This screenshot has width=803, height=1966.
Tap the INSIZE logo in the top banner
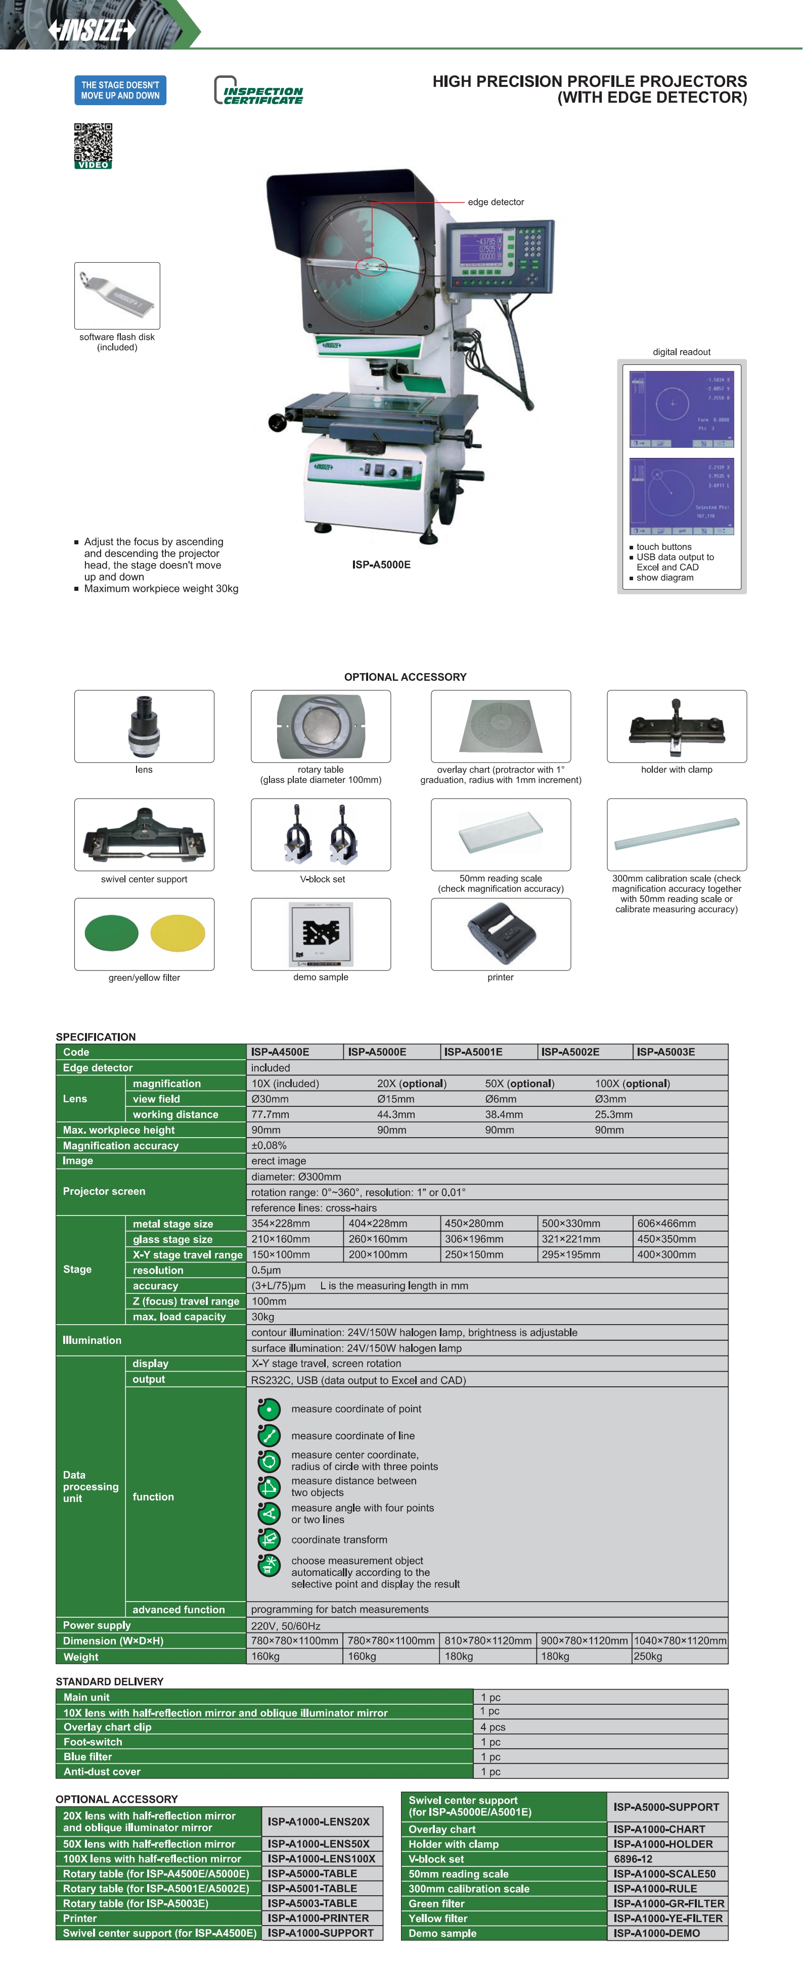tap(92, 30)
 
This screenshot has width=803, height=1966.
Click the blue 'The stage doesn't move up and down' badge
tap(120, 90)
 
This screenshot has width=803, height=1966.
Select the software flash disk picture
tap(117, 295)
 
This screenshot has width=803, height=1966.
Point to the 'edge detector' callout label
tap(496, 202)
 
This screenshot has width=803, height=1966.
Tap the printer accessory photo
tap(501, 933)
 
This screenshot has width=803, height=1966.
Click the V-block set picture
tap(321, 835)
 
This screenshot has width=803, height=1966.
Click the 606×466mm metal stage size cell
tap(666, 1224)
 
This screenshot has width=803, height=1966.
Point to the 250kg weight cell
tap(648, 1656)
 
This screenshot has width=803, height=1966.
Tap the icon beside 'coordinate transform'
tap(269, 1539)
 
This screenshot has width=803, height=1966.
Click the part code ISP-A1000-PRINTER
tap(318, 1918)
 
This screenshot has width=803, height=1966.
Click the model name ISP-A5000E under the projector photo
tap(381, 565)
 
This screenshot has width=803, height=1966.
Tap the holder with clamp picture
tap(676, 726)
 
